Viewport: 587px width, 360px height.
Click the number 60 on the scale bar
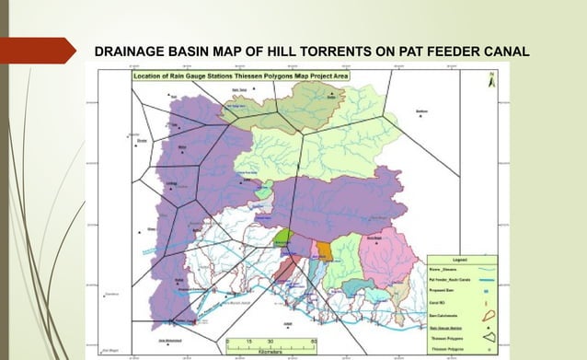(x=315, y=341)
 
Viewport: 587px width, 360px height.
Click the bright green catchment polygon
(x=284, y=237)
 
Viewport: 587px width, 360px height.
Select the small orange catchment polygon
(x=324, y=250)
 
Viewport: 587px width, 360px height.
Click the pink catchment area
(x=386, y=253)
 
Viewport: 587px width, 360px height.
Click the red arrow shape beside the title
(x=37, y=50)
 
